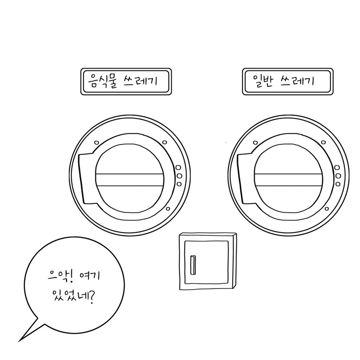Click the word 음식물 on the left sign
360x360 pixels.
(x=102, y=81)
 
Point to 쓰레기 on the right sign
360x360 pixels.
(x=297, y=81)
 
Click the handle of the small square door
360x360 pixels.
(x=193, y=265)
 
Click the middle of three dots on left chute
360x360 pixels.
(x=179, y=176)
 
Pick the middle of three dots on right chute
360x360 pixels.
(x=338, y=176)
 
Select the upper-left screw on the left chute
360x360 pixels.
(x=97, y=142)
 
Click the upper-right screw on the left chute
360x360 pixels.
(x=164, y=142)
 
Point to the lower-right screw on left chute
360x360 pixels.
(x=168, y=209)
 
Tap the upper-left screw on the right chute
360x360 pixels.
(x=255, y=142)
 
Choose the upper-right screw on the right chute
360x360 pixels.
(x=323, y=142)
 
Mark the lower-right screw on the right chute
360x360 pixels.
(x=327, y=209)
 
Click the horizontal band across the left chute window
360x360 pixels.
(x=130, y=180)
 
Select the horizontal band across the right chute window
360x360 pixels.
(x=288, y=180)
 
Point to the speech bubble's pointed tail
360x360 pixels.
(x=19, y=342)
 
